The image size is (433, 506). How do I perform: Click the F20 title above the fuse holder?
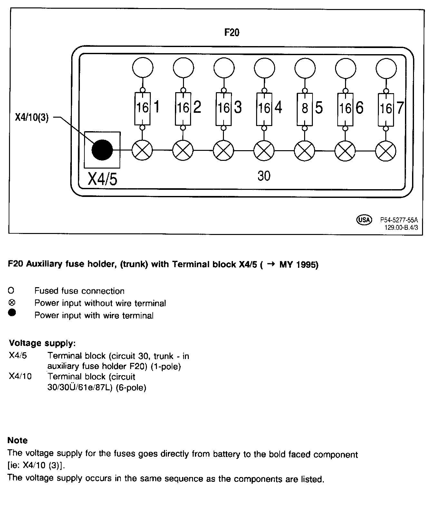232,33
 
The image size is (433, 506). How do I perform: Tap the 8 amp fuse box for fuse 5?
304,109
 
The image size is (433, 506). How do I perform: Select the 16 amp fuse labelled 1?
142,109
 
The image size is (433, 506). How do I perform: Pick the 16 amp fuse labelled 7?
386,109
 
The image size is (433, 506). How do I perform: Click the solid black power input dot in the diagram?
102,150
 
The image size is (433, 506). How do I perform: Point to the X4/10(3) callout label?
32,118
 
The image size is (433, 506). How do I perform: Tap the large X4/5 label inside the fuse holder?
103,179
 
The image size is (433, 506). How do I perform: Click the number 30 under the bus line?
264,176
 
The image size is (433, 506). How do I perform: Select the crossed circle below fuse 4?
264,151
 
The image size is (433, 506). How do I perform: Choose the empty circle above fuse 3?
224,68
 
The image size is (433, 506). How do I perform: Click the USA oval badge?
364,220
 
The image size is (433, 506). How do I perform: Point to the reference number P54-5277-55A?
399,220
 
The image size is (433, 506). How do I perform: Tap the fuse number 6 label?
359,108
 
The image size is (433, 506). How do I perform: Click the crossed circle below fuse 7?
386,151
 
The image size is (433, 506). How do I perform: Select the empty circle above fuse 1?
142,68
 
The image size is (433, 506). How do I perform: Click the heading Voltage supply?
42,343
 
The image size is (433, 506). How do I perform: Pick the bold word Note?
17,440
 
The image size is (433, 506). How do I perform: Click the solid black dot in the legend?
12,313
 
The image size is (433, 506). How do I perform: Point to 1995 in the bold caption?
305,265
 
